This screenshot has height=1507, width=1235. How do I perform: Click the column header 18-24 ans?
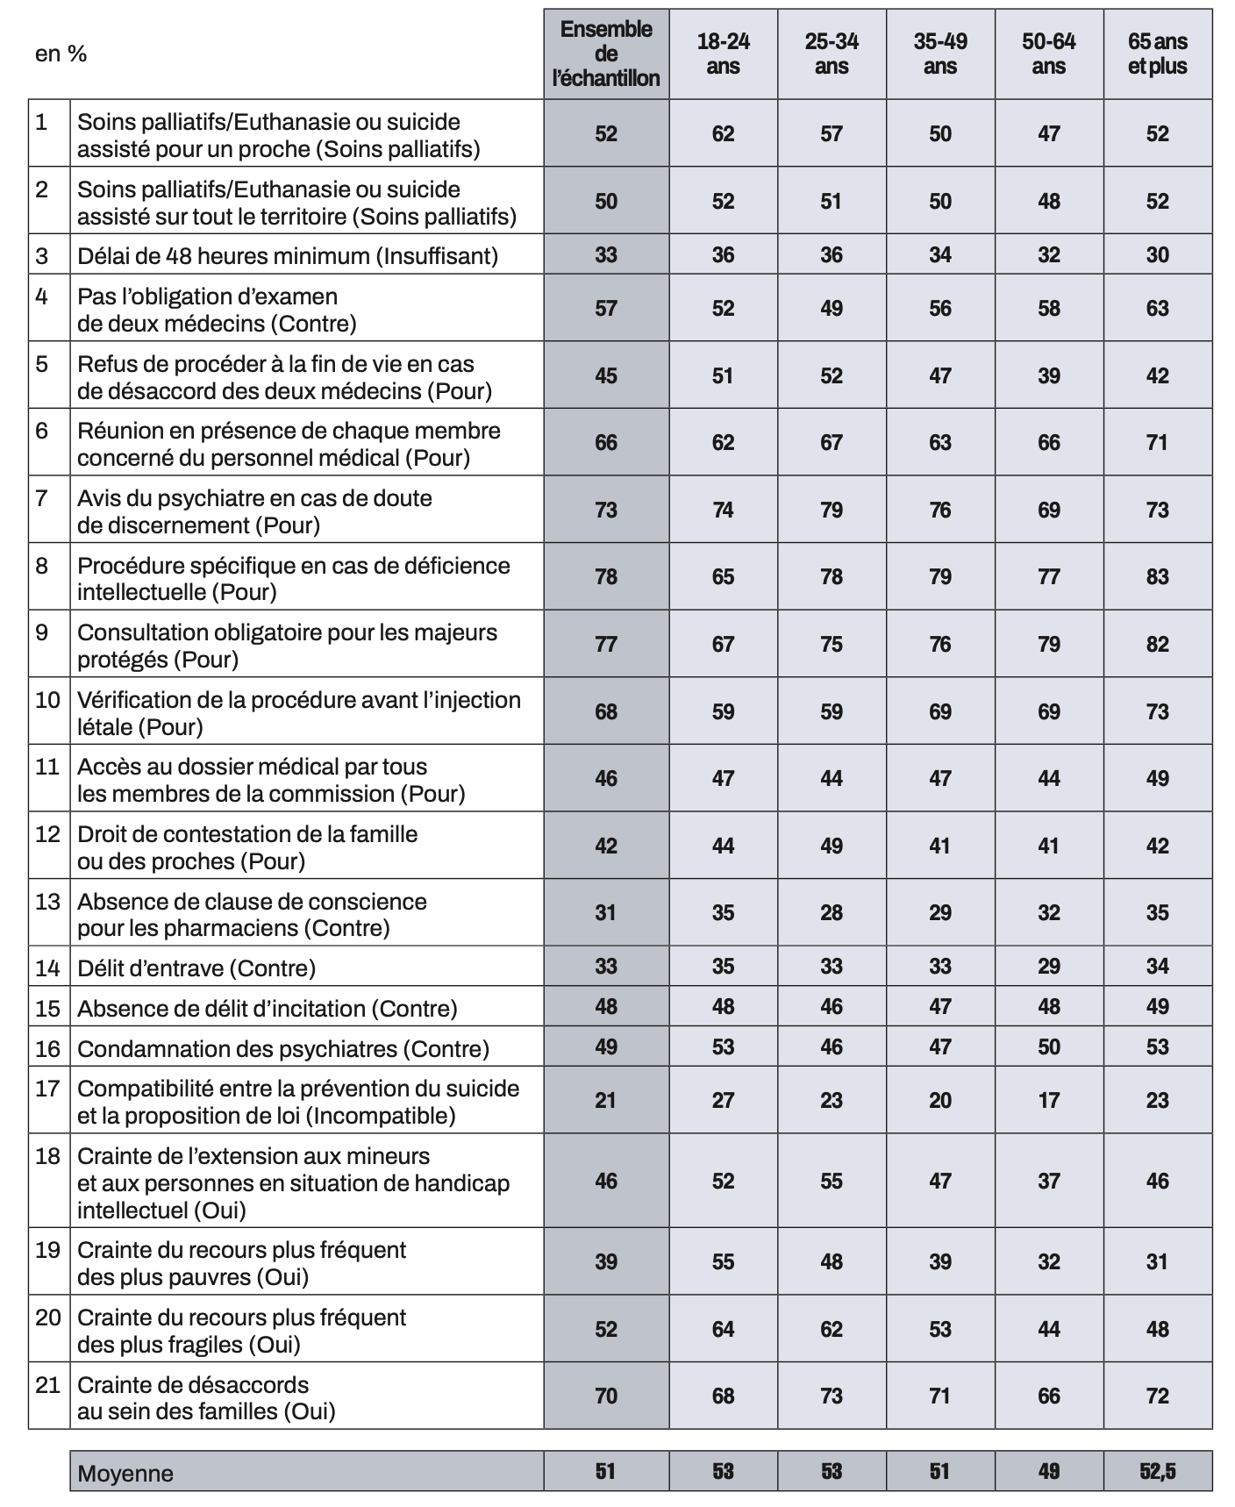pyautogui.click(x=723, y=54)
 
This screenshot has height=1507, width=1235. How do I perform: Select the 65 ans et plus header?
pyautogui.click(x=1157, y=54)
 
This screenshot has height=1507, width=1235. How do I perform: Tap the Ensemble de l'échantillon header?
pyautogui.click(x=606, y=54)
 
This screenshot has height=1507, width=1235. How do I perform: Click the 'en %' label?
pyautogui.click(x=61, y=54)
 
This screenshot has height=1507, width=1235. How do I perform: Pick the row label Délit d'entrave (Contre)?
pyautogui.click(x=196, y=968)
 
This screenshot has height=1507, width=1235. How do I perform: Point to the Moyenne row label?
pyautogui.click(x=125, y=1473)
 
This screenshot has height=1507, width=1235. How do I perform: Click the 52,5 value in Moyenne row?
pyautogui.click(x=1157, y=1471)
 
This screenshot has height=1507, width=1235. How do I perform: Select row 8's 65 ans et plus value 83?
pyautogui.click(x=1157, y=576)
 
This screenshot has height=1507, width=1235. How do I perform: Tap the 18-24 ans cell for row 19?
pyautogui.click(x=723, y=1261)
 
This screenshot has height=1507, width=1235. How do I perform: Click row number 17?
pyautogui.click(x=47, y=1089)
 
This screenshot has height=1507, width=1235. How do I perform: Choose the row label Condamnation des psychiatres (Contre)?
pyautogui.click(x=283, y=1048)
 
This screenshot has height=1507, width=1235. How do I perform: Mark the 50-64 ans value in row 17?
pyautogui.click(x=1049, y=1100)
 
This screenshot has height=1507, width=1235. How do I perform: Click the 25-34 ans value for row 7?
pyautogui.click(x=832, y=510)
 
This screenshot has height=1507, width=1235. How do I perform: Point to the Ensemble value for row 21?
pyautogui.click(x=606, y=1396)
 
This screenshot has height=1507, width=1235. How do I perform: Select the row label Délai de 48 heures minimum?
pyautogui.click(x=288, y=255)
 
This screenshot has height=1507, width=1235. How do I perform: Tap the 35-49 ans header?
pyautogui.click(x=940, y=54)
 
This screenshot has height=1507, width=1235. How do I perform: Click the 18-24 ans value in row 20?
pyautogui.click(x=723, y=1329)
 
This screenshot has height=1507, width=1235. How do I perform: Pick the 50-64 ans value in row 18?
pyautogui.click(x=1049, y=1181)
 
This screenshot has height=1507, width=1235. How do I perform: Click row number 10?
pyautogui.click(x=47, y=700)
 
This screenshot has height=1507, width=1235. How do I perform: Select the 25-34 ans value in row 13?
pyautogui.click(x=832, y=912)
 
